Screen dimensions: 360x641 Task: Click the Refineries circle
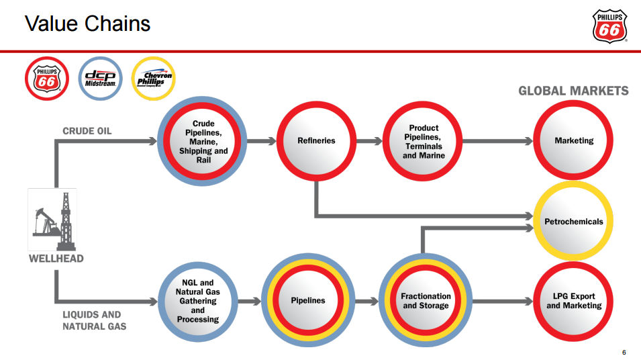click(315, 141)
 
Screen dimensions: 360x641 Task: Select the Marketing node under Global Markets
click(574, 141)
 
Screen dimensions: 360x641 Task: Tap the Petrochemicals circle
click(573, 221)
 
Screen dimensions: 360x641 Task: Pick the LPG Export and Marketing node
click(574, 301)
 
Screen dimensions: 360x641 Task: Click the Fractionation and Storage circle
click(426, 301)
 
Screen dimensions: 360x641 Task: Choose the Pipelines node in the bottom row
click(307, 301)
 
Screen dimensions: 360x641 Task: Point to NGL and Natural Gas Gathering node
click(198, 301)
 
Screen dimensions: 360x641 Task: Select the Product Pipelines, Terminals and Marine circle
click(424, 141)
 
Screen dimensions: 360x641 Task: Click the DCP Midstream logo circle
click(101, 78)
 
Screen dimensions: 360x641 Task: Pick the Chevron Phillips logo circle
click(154, 78)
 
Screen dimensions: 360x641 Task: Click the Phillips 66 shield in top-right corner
click(610, 26)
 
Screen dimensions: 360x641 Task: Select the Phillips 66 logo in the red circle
click(47, 78)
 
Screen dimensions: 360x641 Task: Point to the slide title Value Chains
click(87, 24)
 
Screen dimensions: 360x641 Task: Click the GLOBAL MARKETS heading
click(573, 91)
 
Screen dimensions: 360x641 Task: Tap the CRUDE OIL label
click(87, 130)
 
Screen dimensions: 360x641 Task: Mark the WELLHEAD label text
click(56, 259)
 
